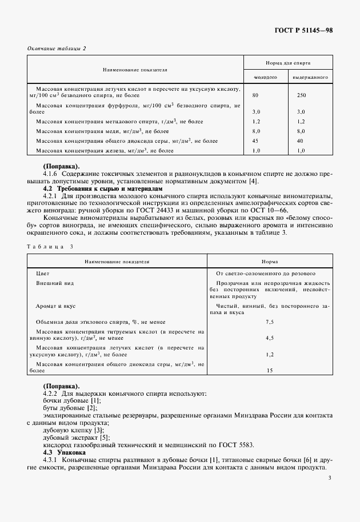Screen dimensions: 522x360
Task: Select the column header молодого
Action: coord(265,77)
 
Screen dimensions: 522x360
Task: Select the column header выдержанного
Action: coord(310,77)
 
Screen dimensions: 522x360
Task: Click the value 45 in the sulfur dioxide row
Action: coord(255,140)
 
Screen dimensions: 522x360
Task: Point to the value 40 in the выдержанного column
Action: coord(301,140)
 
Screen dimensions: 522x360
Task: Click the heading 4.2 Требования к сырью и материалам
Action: coord(103,188)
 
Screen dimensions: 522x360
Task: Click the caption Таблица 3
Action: coord(51,246)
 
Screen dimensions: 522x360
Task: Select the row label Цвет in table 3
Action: coord(42,274)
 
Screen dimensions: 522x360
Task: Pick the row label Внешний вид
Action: coord(55,283)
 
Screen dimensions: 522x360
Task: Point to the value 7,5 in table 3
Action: coord(270,323)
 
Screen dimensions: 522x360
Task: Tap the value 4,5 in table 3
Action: coord(270,338)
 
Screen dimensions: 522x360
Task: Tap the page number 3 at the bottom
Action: coord(331,480)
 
